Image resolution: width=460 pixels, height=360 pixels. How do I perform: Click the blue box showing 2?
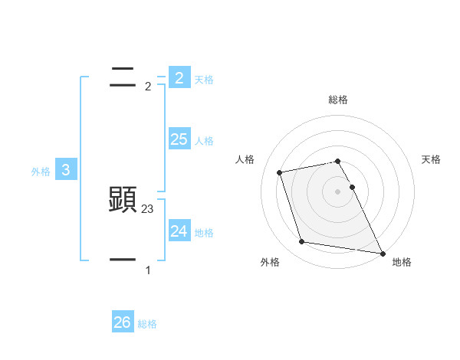pos(179,77)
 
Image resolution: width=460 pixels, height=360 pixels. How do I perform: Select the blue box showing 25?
pos(179,139)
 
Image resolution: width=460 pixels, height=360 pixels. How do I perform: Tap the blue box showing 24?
pos(179,231)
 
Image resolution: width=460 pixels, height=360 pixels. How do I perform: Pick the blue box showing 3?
pos(66,170)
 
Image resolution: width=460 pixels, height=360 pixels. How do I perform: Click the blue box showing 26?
pos(122,322)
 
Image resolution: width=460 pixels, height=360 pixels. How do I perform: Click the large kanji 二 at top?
pos(123,76)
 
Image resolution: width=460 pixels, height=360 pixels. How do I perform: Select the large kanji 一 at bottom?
pos(123,260)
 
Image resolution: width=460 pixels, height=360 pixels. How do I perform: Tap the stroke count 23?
pos(148,208)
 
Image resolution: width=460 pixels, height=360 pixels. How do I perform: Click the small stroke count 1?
pos(148,270)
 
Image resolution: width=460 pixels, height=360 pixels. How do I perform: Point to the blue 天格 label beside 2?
pos(203,79)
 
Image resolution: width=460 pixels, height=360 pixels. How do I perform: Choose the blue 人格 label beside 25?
pos(204,141)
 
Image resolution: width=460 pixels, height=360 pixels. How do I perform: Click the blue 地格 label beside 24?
pos(204,233)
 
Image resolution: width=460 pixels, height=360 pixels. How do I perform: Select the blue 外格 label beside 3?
pos(41,172)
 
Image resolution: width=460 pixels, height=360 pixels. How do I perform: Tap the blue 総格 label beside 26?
pos(147,324)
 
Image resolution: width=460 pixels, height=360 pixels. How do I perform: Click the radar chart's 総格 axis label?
pos(338,100)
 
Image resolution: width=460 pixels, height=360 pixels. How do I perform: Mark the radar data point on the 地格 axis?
pos(382,252)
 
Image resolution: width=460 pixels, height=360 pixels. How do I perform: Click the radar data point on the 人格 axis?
pos(279,172)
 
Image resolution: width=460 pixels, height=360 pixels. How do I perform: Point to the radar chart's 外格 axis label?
pos(270,262)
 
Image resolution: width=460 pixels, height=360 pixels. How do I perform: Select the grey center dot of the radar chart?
pos(338,191)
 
